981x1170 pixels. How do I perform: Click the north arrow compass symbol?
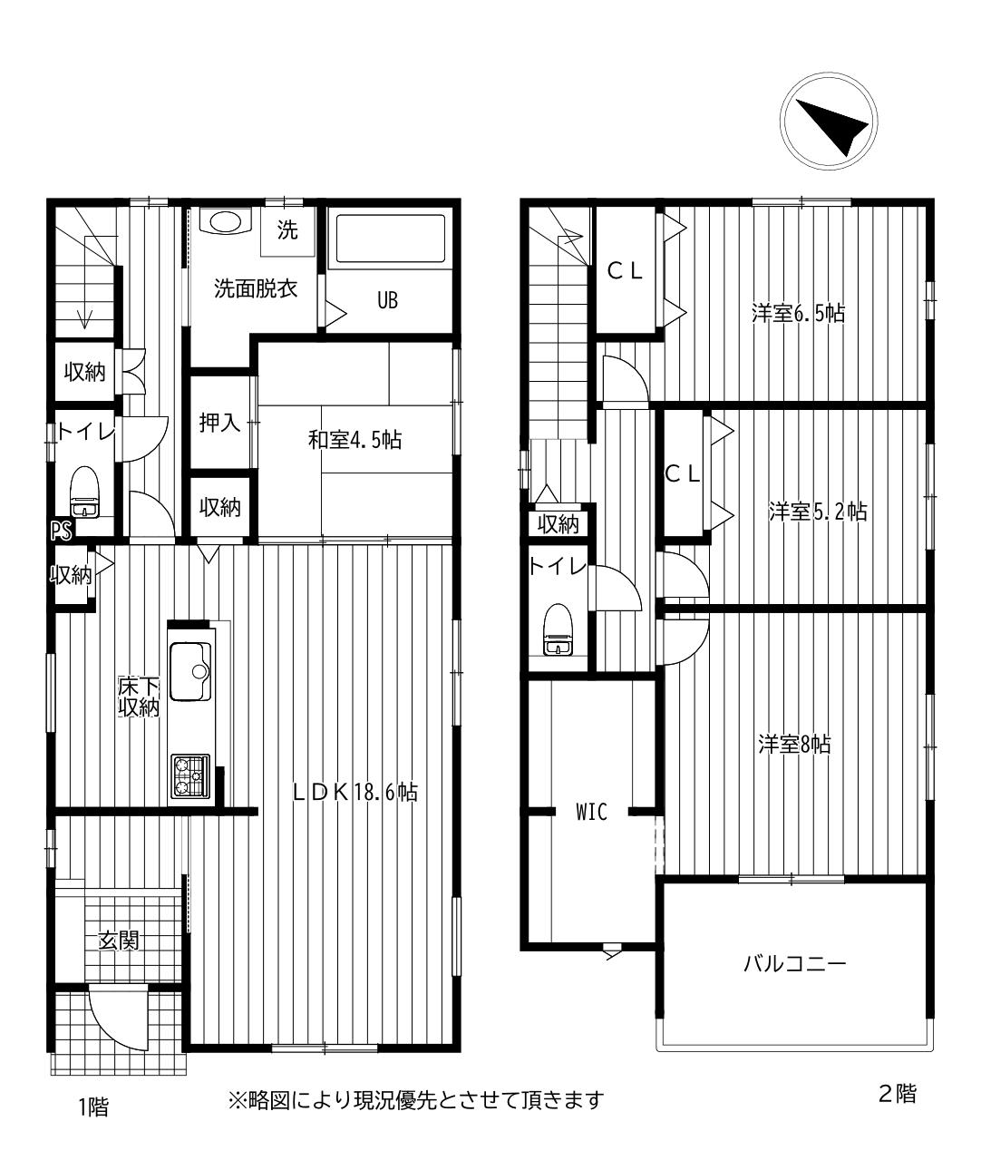[830, 121]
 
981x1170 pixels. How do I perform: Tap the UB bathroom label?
[388, 301]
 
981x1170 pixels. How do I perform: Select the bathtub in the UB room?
[390, 238]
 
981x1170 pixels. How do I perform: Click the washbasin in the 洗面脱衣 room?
[225, 222]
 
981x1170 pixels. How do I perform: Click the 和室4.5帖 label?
[355, 440]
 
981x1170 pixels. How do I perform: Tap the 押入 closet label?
[220, 422]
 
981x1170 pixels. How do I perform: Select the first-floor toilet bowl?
[84, 492]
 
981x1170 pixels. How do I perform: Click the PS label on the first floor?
[61, 531]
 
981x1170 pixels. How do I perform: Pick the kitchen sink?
[190, 671]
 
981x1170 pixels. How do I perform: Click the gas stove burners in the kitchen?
[190, 775]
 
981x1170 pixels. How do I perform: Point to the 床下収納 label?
[139, 697]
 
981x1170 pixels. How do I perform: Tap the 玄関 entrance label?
[119, 941]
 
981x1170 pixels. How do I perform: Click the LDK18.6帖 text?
[355, 793]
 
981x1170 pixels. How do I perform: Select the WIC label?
[592, 812]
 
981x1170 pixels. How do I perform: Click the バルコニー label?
[795, 964]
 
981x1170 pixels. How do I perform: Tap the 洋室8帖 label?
[794, 744]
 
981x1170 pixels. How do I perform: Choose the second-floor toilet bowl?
[558, 629]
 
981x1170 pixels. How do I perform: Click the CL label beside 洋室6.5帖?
[625, 272]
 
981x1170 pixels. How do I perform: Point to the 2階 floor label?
[898, 1094]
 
